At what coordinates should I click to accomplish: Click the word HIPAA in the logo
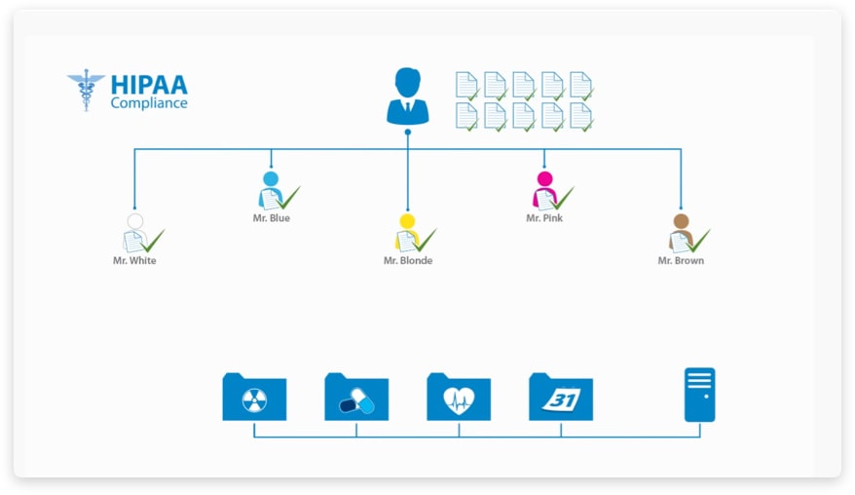148,84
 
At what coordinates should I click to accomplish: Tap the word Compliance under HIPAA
149,102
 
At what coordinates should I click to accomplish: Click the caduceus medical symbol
86,89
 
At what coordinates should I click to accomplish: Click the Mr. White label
134,261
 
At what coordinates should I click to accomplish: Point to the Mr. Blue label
271,218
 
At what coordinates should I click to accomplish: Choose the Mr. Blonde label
408,261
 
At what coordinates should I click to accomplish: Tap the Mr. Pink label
544,218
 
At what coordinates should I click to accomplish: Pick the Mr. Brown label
681,261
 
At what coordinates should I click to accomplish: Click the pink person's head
544,178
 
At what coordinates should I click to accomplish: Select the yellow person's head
408,220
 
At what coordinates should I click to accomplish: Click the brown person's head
681,221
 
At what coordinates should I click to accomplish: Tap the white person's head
134,221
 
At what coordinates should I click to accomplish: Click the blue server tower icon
699,394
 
